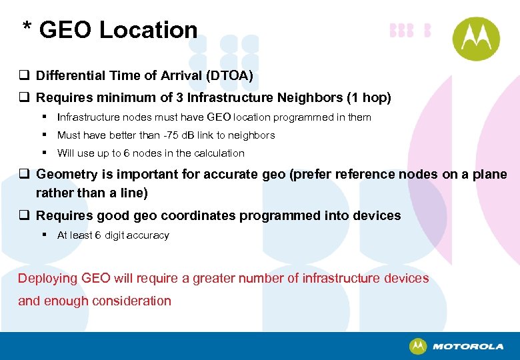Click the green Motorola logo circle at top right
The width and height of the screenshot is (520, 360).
coord(475,39)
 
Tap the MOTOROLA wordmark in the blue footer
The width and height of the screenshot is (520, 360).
coord(468,347)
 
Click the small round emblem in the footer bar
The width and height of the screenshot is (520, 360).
coord(418,347)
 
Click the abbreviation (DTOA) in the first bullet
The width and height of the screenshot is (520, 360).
coord(229,76)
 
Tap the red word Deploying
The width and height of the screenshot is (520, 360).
coord(48,279)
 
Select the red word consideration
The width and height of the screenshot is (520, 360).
coord(131,301)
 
